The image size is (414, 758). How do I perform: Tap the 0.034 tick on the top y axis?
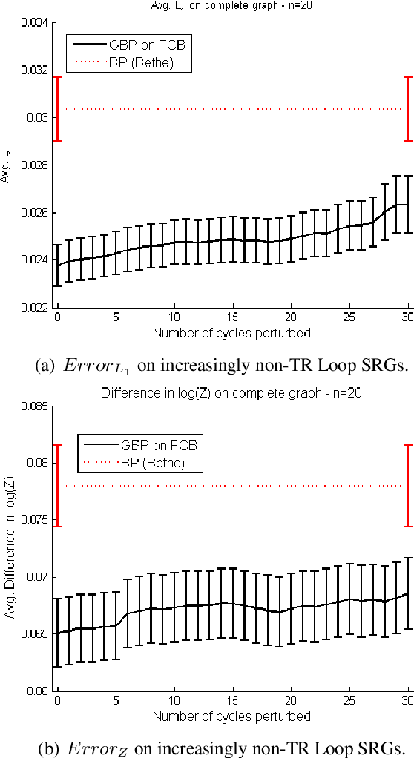(x=36, y=23)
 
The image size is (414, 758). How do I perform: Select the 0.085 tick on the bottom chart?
(x=36, y=406)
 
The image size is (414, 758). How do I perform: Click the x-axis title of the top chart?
(x=231, y=333)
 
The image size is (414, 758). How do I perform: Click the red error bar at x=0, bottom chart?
(x=57, y=486)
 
